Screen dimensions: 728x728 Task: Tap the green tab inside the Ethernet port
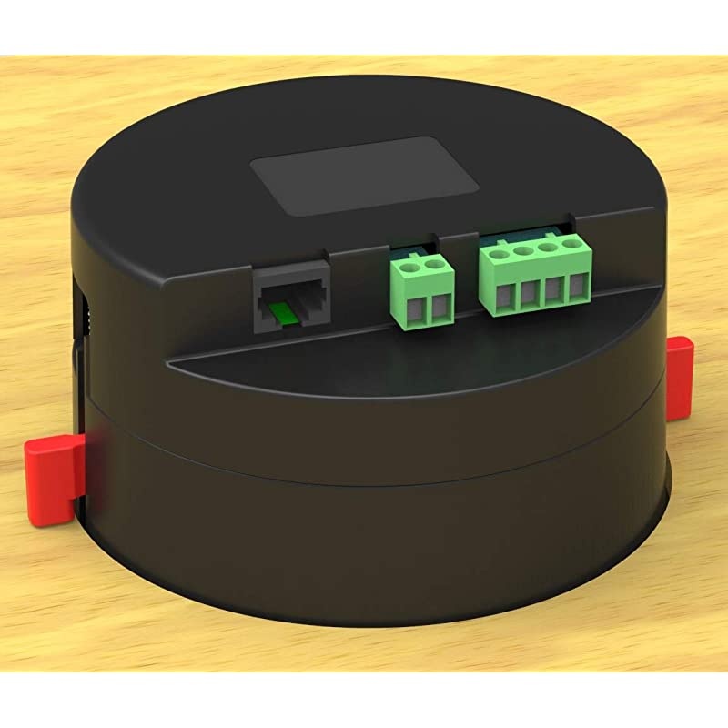tap(284, 312)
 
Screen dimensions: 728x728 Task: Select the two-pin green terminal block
tap(422, 289)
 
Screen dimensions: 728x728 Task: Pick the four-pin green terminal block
tap(535, 274)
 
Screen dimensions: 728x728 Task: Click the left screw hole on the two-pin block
tap(410, 268)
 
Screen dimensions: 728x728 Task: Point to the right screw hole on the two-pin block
tap(434, 266)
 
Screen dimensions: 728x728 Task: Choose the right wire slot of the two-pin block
tap(440, 308)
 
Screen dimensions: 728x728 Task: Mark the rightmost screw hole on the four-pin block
tap(571, 243)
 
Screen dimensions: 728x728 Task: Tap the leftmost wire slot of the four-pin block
tap(504, 295)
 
